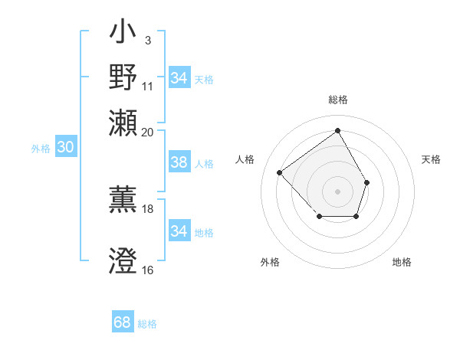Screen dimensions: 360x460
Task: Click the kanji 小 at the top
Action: click(123, 34)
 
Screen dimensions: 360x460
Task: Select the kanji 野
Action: click(123, 77)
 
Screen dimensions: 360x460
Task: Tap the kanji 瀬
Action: click(123, 120)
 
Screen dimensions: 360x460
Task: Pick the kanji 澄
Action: click(123, 260)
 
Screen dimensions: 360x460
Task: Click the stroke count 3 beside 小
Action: click(147, 39)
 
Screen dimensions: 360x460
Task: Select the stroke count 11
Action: click(148, 86)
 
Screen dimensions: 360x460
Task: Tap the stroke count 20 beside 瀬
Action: click(148, 132)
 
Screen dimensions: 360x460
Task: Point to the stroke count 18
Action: click(148, 208)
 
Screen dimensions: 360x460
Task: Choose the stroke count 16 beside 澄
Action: click(148, 270)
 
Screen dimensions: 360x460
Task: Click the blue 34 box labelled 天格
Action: click(179, 77)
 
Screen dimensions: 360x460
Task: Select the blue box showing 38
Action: click(179, 162)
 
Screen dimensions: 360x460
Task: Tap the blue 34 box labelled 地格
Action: click(179, 231)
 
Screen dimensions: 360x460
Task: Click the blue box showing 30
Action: click(65, 148)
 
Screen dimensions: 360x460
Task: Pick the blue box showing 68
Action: click(123, 322)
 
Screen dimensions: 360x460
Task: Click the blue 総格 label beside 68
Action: click(147, 324)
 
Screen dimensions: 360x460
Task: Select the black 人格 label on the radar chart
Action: click(245, 159)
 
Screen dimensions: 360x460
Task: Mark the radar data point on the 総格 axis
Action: click(337, 130)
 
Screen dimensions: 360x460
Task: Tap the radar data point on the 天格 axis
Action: click(367, 182)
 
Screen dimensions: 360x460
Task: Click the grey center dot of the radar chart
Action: click(337, 191)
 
